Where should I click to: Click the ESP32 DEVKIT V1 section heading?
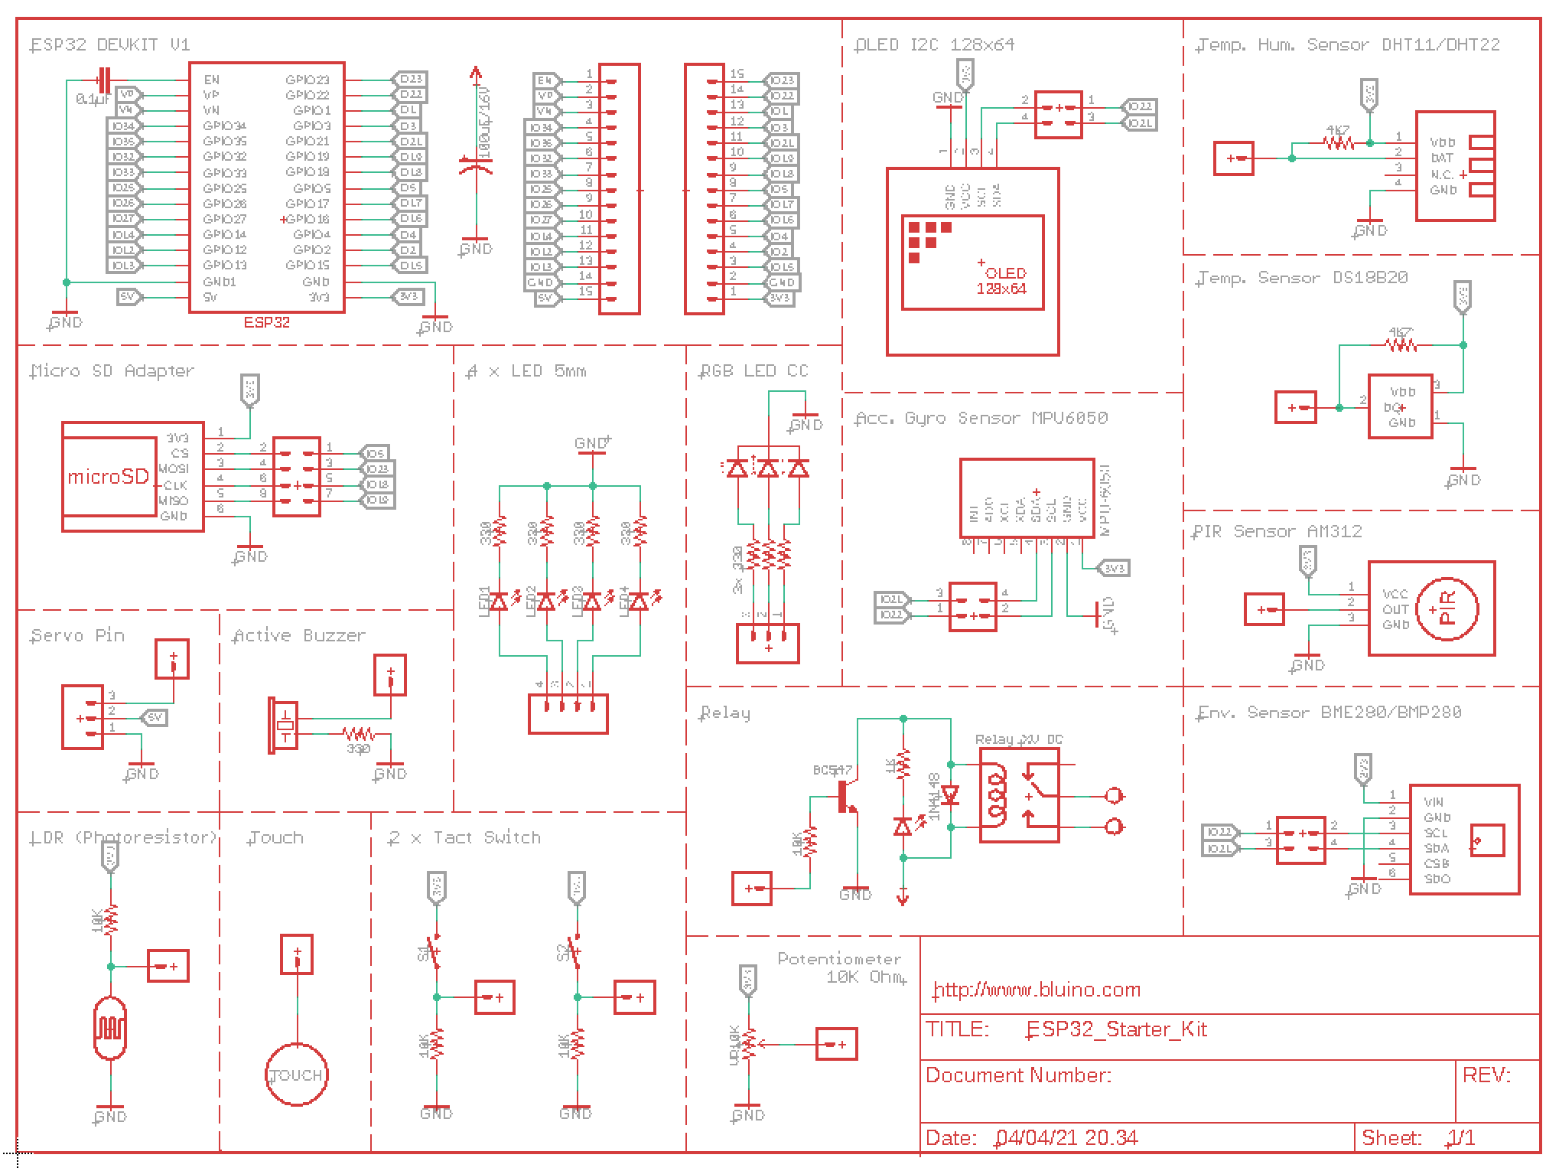click(109, 45)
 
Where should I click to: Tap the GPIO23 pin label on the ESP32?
click(307, 80)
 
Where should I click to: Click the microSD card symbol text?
click(108, 477)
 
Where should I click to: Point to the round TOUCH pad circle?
click(297, 1075)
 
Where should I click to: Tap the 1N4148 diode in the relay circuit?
click(950, 796)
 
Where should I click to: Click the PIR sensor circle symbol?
click(1447, 609)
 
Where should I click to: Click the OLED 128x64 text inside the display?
click(1002, 281)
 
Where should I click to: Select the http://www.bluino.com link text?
click(1037, 990)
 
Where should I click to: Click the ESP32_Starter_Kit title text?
click(1117, 1029)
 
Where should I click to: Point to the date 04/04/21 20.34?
click(1067, 1138)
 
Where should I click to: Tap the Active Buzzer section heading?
click(299, 636)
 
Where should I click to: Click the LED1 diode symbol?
click(499, 602)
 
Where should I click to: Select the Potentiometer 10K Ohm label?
click(840, 967)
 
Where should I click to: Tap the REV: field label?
click(1486, 1075)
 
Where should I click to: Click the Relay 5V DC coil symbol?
click(997, 796)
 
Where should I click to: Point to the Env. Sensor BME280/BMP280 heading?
click(1329, 713)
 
